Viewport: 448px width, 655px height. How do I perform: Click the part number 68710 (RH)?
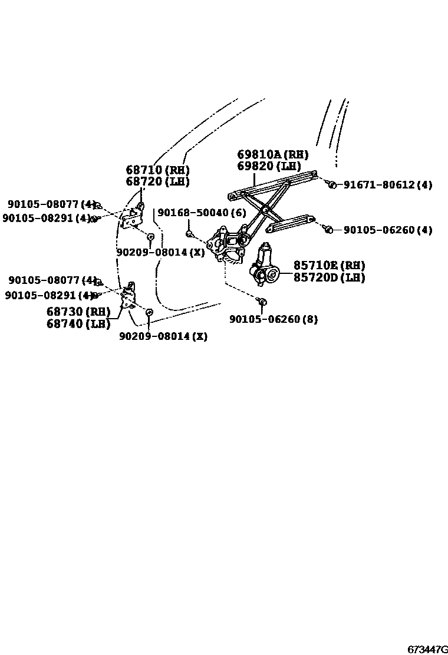click(x=157, y=170)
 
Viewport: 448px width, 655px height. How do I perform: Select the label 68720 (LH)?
click(x=157, y=181)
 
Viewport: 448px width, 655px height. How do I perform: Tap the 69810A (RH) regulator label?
click(x=272, y=154)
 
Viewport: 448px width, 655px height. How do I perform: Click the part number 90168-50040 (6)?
click(x=202, y=213)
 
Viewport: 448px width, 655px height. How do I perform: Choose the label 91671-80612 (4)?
click(x=387, y=185)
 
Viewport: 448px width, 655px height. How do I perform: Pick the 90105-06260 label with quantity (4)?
click(x=387, y=230)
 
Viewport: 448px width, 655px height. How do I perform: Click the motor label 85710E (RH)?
click(x=329, y=266)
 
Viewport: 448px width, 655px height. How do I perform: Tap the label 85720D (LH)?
click(x=329, y=277)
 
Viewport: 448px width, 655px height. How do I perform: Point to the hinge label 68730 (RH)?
click(x=78, y=312)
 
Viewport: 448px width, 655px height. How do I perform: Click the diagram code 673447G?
click(x=427, y=649)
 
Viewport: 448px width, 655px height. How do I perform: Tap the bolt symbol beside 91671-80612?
click(x=332, y=185)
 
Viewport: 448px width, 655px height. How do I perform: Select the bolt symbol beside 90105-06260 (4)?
click(x=330, y=229)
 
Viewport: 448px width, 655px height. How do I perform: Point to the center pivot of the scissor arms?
click(x=266, y=209)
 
